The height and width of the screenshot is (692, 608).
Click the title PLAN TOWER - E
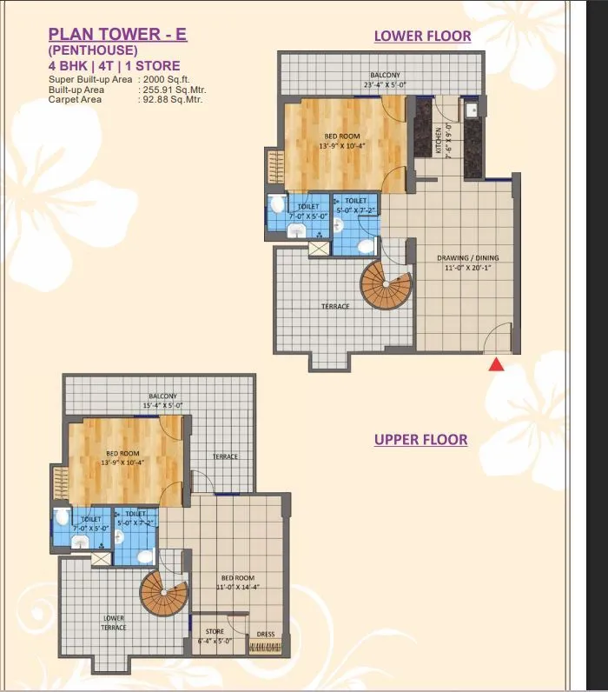(x=117, y=35)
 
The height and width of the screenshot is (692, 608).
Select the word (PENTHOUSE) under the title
(x=93, y=50)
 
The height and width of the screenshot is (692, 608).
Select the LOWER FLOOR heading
(x=422, y=36)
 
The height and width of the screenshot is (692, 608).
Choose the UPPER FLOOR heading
(x=420, y=440)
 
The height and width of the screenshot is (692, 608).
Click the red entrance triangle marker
(x=497, y=364)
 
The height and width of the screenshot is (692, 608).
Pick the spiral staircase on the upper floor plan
(x=164, y=595)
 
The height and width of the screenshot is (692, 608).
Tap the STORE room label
(x=215, y=631)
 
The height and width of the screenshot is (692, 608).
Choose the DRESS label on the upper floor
(x=266, y=635)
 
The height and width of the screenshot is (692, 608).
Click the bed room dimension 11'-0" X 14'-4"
(x=237, y=587)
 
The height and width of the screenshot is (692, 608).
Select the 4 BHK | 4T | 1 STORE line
(x=114, y=65)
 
